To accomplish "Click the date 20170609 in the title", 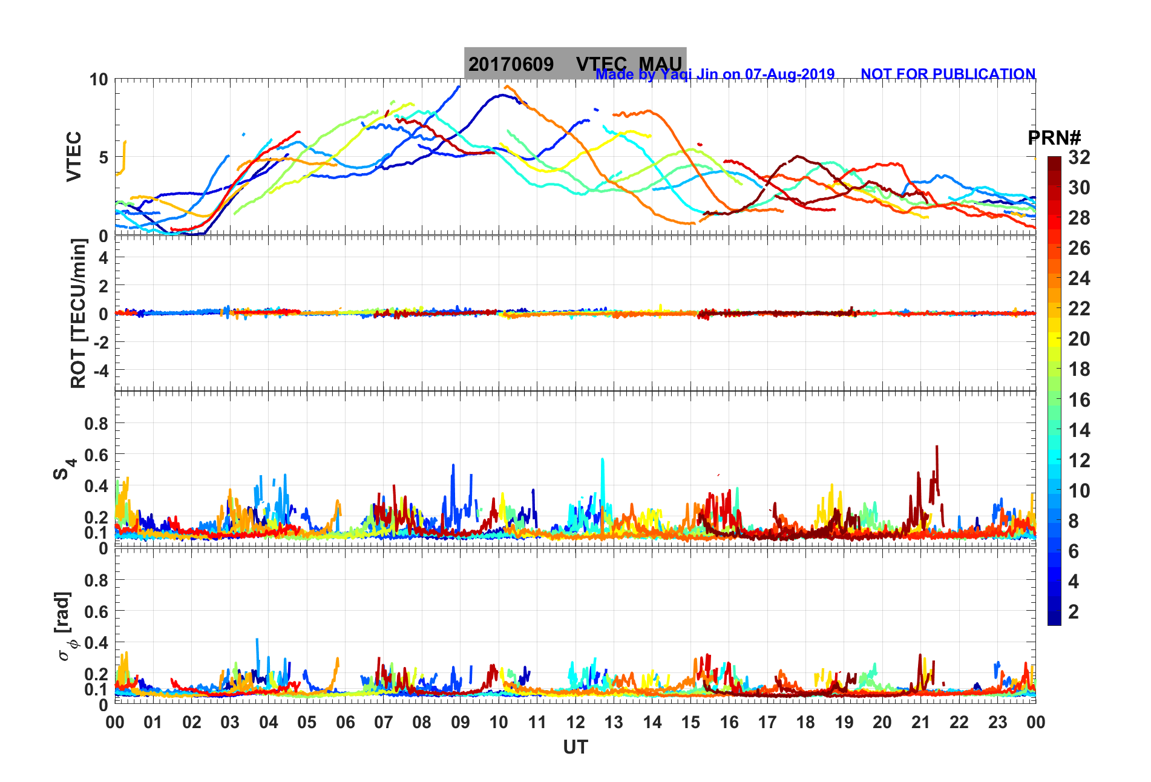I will [x=511, y=64].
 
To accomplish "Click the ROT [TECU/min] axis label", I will [x=79, y=314].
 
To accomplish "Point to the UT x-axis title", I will [x=575, y=747].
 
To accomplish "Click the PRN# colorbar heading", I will [x=1054, y=138].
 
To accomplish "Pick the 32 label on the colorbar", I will [x=1079, y=157].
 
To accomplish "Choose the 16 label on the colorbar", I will [x=1079, y=399].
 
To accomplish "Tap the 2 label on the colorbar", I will [x=1074, y=611].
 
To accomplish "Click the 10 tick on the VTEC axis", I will [x=99, y=80].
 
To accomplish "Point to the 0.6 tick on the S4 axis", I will [x=96, y=455].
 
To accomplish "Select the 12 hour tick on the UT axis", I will [x=575, y=722].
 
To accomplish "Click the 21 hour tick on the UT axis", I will [x=920, y=722].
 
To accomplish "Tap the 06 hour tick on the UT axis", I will [x=346, y=722].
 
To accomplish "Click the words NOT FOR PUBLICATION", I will [x=948, y=74].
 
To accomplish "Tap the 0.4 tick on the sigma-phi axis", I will [x=96, y=642].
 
